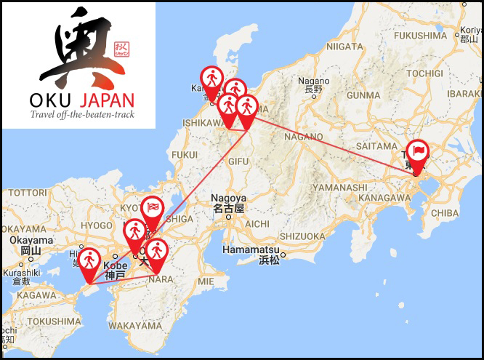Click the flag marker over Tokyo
point(418,151)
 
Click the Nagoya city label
point(229,198)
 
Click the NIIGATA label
point(344,46)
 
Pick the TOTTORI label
point(28,193)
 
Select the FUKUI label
point(185,154)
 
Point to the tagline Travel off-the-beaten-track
point(81,114)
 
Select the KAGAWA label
point(29,295)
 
